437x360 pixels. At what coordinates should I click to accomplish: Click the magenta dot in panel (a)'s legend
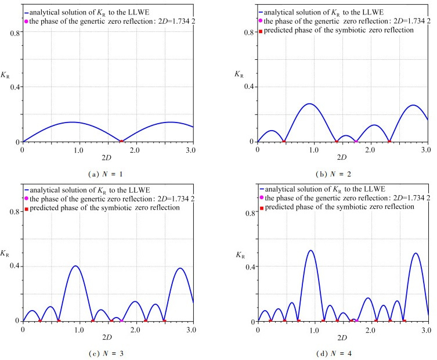click(26, 21)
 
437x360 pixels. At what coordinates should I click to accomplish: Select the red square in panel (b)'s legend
click(261, 31)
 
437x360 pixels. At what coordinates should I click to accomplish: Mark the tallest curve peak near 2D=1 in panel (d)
click(311, 250)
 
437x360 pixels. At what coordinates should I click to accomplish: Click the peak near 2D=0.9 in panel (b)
click(309, 103)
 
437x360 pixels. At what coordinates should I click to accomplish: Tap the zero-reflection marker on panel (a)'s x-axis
click(121, 141)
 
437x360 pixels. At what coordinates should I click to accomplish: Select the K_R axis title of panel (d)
click(239, 254)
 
